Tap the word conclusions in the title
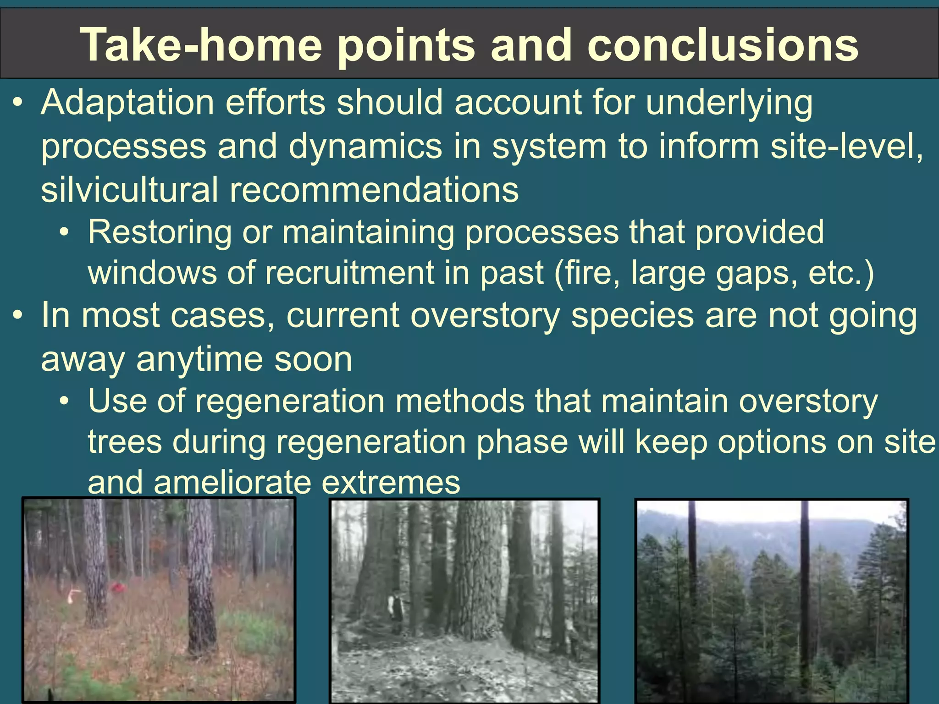click(x=723, y=44)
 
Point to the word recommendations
click(x=374, y=189)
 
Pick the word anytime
click(x=200, y=359)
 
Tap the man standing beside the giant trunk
click(x=395, y=607)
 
